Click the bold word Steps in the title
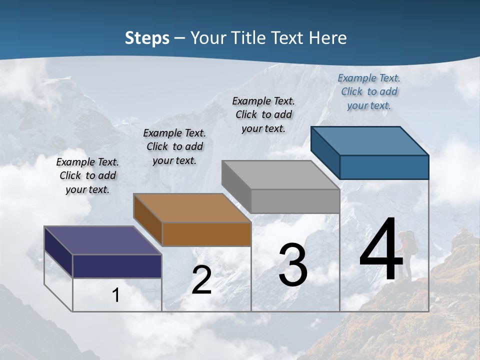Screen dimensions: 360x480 pyautogui.click(x=147, y=38)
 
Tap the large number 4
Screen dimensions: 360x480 pyautogui.click(x=381, y=250)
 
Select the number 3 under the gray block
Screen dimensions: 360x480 pyautogui.click(x=292, y=265)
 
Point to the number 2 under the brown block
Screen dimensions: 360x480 pyautogui.click(x=201, y=280)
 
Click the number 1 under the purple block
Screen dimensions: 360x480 pyautogui.click(x=116, y=295)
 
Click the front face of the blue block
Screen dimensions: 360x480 pyautogui.click(x=384, y=167)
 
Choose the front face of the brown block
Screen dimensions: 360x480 pyautogui.click(x=206, y=234)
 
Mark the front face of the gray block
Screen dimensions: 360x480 pyautogui.click(x=295, y=201)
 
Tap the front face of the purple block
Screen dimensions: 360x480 pyautogui.click(x=117, y=266)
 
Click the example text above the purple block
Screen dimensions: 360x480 pyautogui.click(x=87, y=175)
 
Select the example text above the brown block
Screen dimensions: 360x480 pyautogui.click(x=174, y=146)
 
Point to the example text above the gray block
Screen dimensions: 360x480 pyautogui.click(x=263, y=114)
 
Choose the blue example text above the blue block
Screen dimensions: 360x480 pyautogui.click(x=369, y=91)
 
